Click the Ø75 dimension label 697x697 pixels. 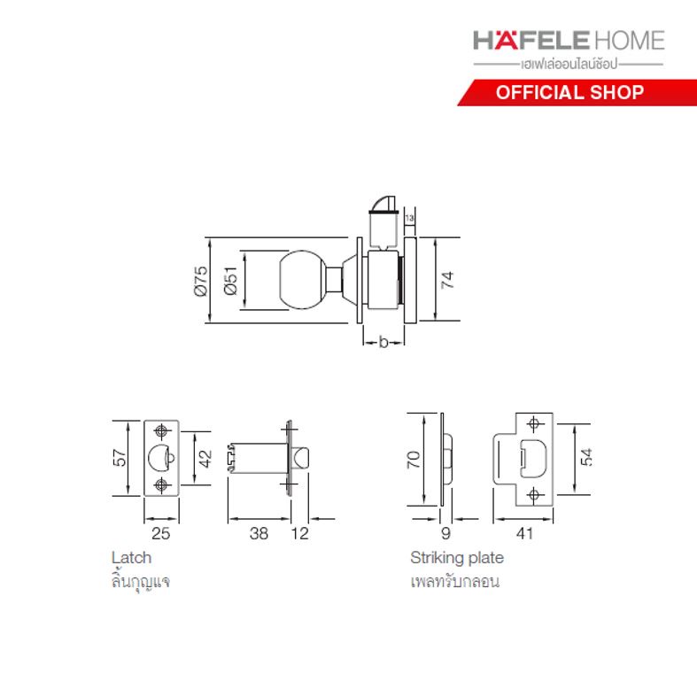(201, 281)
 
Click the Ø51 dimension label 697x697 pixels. (231, 281)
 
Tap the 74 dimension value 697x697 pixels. (447, 280)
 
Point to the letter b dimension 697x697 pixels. (383, 342)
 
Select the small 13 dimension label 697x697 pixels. (409, 218)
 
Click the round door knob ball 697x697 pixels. (302, 280)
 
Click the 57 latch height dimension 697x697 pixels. (120, 458)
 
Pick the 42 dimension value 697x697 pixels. (205, 458)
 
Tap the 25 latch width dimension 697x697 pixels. (160, 533)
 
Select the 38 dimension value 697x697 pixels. (259, 533)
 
